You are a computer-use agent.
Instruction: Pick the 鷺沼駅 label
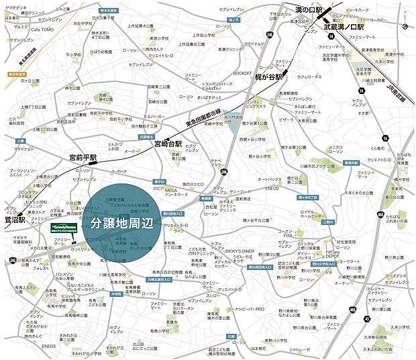pos(13,220)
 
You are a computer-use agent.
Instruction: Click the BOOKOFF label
pos(242,73)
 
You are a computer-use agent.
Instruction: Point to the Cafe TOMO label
pos(42,30)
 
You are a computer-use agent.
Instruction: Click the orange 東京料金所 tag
pos(17,75)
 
